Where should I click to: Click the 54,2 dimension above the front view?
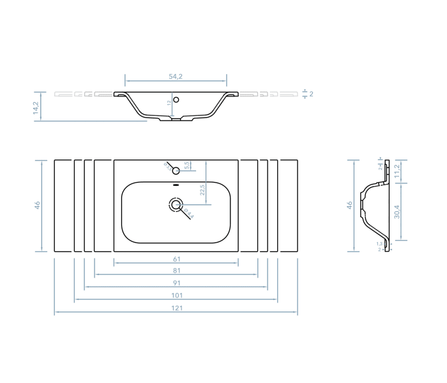(x=176, y=77)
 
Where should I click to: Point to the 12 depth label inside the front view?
(x=169, y=103)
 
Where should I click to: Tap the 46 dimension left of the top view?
(x=37, y=205)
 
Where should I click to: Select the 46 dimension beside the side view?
(x=349, y=205)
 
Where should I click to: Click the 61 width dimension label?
(x=176, y=259)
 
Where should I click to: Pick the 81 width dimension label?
(x=176, y=271)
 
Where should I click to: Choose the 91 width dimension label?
(x=176, y=283)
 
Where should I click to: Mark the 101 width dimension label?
(x=176, y=296)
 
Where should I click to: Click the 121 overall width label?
(x=176, y=308)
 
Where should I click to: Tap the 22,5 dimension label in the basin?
(x=202, y=190)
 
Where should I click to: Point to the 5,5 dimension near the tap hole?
(x=186, y=165)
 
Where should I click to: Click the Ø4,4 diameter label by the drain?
(x=188, y=214)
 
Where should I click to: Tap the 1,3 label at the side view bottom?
(x=379, y=243)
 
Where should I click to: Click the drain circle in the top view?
(x=176, y=205)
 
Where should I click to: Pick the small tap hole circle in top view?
(x=176, y=170)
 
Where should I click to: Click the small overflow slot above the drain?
(x=176, y=186)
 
